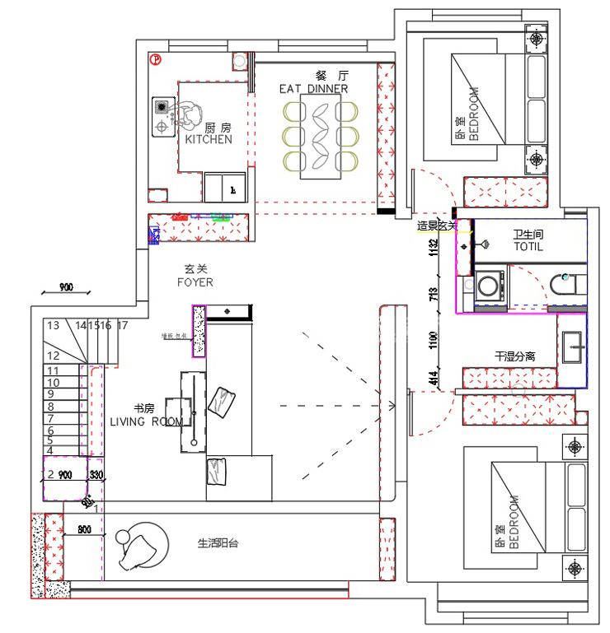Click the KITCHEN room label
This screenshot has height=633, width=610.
click(x=208, y=139)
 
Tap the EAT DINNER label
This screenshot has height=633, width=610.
click(x=313, y=89)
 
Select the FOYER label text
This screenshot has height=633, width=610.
click(x=195, y=282)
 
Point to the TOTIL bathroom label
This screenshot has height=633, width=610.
click(x=528, y=247)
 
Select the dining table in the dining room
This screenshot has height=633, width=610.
click(x=321, y=136)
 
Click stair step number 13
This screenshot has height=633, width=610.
click(x=54, y=326)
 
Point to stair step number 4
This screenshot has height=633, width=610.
click(x=50, y=450)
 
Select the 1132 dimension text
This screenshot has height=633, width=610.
click(x=432, y=248)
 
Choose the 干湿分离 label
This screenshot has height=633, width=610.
click(x=514, y=357)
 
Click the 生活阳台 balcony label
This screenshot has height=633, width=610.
click(x=218, y=543)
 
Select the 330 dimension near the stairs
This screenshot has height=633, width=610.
click(x=96, y=475)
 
